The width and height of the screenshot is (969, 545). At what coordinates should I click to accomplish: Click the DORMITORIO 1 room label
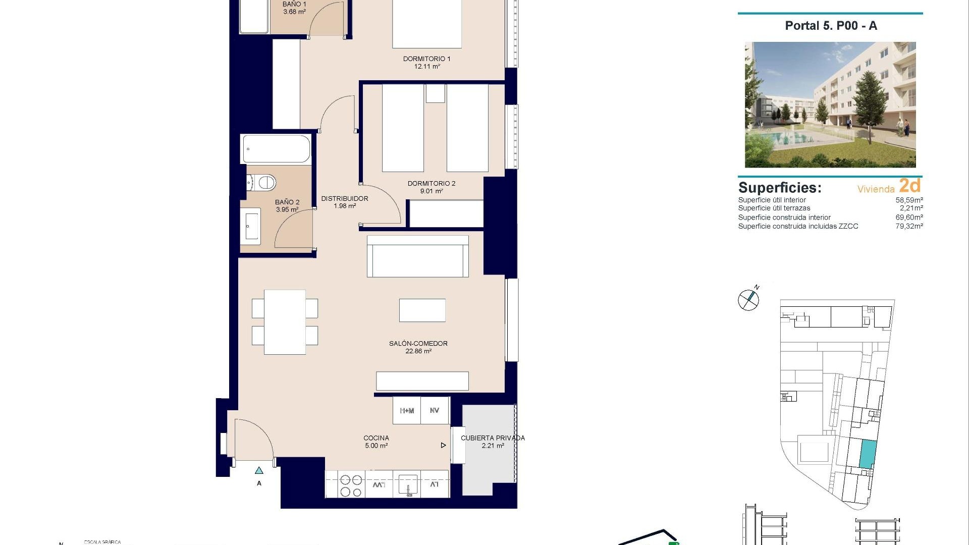pos(426,59)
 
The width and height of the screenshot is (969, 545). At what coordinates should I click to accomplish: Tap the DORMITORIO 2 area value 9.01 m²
pos(432,191)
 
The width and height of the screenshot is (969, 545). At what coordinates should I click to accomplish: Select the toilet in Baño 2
pos(261,182)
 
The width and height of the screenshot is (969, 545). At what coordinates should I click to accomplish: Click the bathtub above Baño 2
pos(276,149)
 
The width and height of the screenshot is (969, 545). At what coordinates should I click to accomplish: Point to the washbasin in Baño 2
pos(251,227)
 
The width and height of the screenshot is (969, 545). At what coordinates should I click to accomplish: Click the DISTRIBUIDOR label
pos(345,198)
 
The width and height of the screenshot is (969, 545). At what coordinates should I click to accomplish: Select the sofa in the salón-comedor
pos(417,256)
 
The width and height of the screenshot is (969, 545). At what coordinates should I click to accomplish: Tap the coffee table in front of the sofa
pos(422,310)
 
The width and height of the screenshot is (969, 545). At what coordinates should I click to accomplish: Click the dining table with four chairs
pos(285,322)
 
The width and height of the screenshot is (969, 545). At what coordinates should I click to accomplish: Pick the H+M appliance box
pos(407,411)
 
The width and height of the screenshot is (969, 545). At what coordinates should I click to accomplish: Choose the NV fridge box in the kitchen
pos(435,411)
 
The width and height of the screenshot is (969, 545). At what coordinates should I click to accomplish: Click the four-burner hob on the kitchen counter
pos(351,485)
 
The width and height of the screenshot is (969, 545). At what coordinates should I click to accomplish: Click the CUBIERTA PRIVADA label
pos(493,438)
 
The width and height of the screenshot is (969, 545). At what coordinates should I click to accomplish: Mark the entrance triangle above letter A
pos(259,471)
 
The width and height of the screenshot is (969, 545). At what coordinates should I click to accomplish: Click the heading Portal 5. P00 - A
pos(831,26)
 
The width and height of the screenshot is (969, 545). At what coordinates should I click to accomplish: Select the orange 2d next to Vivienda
pos(909,186)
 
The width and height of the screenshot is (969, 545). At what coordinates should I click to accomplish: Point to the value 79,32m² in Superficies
pos(909,226)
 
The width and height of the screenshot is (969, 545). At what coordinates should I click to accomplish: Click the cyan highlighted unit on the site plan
pos(867,454)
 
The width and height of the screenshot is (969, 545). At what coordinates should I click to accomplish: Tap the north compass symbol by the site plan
pos(748,300)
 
